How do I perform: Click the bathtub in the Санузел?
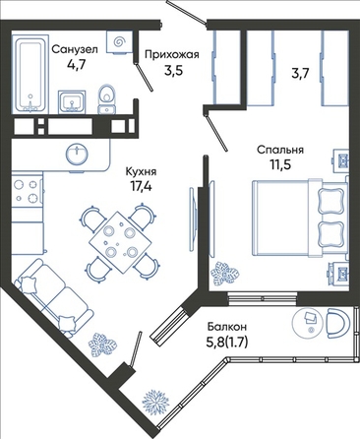coord(30,74)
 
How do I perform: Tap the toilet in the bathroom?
coord(107,99)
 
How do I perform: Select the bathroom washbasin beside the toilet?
coord(72,102)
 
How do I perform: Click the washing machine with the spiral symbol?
coord(119,42)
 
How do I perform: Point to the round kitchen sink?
coord(77,154)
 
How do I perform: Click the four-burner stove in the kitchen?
coord(27,192)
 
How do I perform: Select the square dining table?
coord(121,242)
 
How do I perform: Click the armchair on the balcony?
coord(338,323)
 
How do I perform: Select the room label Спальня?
coord(280,150)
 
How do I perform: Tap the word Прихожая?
coord(172,54)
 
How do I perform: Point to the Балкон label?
coord(227,327)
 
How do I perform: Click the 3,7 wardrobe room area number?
coord(300,74)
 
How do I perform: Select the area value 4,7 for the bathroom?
coord(76,64)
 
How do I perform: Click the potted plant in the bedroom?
coord(224,274)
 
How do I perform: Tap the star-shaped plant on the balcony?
coord(155,401)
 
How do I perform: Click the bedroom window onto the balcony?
coord(263,298)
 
